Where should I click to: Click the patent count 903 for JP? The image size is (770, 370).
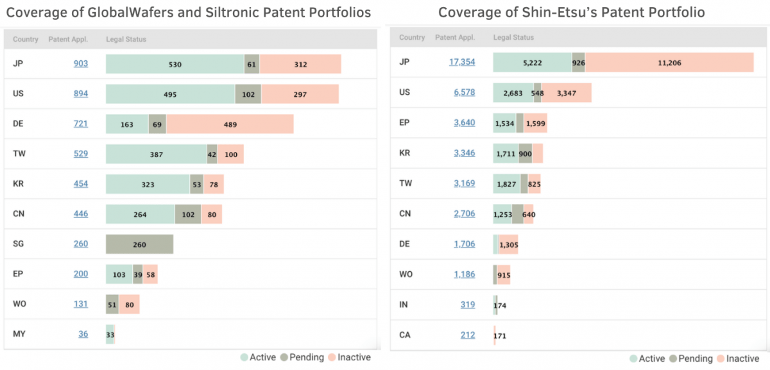80,63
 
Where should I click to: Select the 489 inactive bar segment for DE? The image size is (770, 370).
230,124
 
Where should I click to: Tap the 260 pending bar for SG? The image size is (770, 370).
139,244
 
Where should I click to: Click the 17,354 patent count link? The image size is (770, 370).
462,62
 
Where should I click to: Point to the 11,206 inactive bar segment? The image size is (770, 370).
669,62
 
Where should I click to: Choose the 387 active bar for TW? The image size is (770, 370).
156,154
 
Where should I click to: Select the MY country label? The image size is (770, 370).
19,333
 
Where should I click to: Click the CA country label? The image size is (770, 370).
405,334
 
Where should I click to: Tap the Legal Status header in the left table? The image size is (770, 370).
126,39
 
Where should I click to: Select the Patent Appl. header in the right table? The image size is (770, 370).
454,37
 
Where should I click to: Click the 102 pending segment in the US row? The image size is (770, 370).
248,94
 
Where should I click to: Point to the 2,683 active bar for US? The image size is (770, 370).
513,92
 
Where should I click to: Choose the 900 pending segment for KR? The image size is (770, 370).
525,153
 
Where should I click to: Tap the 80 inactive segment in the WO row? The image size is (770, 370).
129,305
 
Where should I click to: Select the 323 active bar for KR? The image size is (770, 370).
148,184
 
